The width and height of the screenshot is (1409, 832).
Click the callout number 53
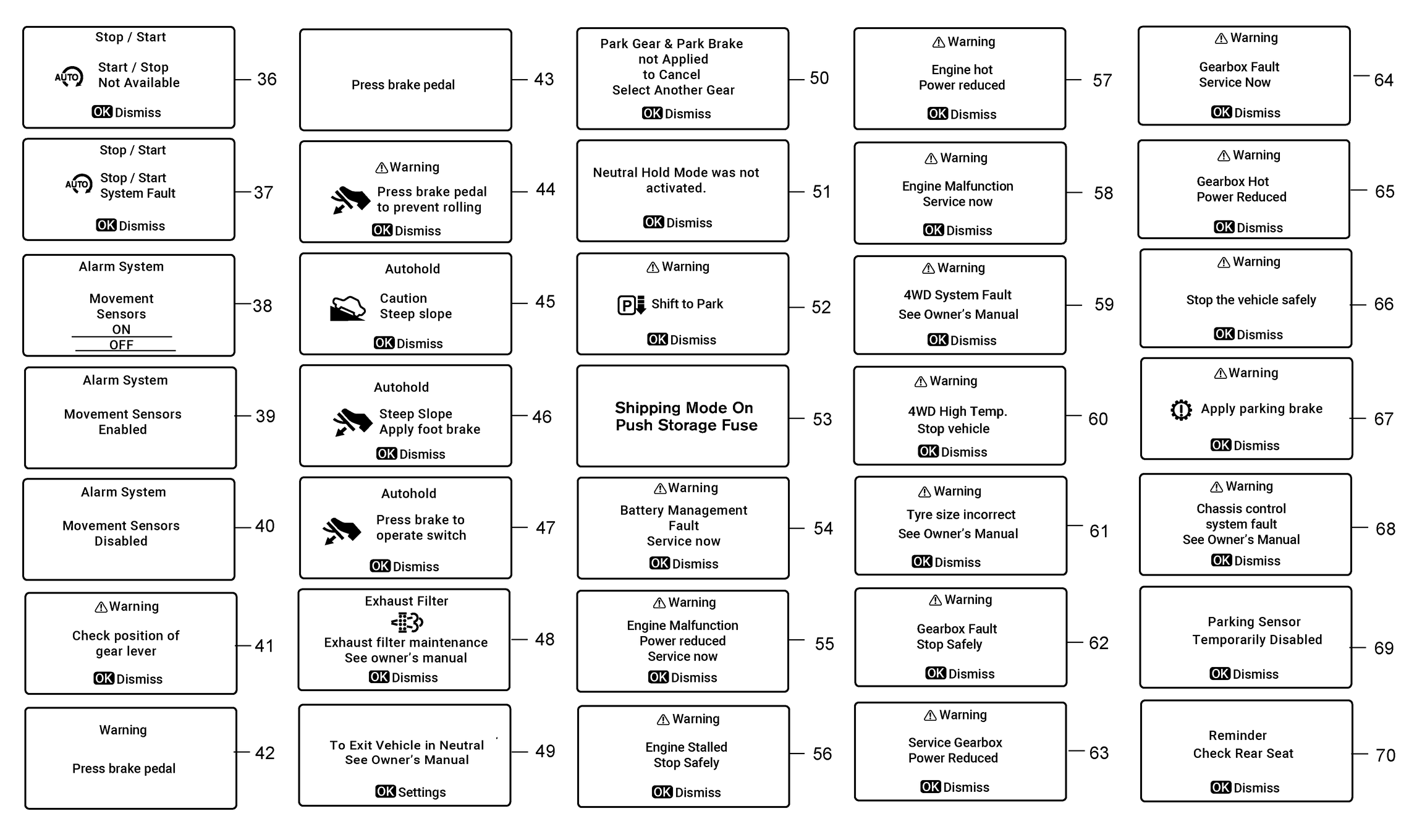[822, 419]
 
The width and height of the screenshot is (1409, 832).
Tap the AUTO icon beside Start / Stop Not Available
[69, 77]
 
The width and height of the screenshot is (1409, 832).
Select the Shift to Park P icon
[631, 305]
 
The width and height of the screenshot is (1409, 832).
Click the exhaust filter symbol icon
[407, 622]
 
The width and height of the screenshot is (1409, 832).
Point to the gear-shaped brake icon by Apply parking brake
[1181, 409]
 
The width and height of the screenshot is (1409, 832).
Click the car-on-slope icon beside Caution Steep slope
[348, 307]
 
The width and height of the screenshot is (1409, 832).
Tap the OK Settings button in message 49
[410, 792]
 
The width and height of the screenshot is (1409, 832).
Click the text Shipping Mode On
[683, 408]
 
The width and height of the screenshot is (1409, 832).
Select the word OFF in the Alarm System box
[121, 345]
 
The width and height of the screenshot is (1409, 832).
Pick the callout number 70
[1385, 755]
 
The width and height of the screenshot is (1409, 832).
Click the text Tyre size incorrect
[960, 514]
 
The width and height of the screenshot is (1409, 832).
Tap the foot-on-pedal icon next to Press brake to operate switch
[342, 530]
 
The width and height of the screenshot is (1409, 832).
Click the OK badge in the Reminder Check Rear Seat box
[1220, 787]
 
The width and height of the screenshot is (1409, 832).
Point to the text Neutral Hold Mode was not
[675, 172]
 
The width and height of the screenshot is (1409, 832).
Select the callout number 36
[266, 79]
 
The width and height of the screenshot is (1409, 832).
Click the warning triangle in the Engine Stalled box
[662, 720]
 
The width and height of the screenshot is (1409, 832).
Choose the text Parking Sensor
[1254, 622]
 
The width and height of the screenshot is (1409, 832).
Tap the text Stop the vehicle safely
[1251, 300]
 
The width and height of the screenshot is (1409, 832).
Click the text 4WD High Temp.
[957, 412]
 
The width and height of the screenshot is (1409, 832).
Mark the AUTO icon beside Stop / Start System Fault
[78, 184]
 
